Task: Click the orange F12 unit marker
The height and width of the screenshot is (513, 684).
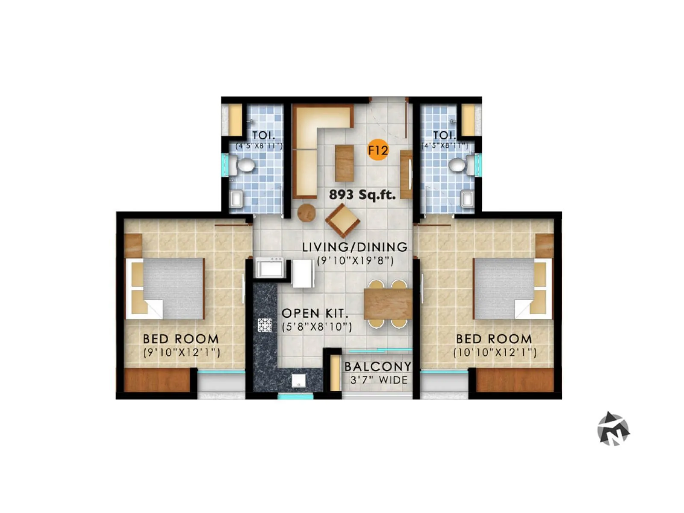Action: (x=378, y=150)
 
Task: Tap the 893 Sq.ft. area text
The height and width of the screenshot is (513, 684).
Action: (x=362, y=195)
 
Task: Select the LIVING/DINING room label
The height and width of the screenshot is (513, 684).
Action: (x=355, y=247)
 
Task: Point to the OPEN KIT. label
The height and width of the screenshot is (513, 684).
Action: (x=315, y=313)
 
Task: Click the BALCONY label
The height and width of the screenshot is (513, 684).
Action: (x=378, y=367)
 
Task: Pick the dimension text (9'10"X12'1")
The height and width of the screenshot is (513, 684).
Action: (x=182, y=353)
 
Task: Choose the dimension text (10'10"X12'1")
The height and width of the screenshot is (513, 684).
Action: (x=495, y=353)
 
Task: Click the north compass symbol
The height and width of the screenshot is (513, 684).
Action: (x=613, y=429)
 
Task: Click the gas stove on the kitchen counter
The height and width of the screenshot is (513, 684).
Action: (x=265, y=325)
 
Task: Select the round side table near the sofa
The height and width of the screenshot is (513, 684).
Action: (x=306, y=212)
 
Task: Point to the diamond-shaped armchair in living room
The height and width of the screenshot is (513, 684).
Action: (x=342, y=221)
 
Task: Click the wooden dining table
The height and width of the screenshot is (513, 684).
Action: (x=388, y=304)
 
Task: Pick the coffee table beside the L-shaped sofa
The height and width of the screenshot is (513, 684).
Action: (x=344, y=163)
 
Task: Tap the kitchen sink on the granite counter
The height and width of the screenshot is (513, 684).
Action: (x=299, y=380)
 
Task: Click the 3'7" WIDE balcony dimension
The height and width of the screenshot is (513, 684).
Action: (x=379, y=380)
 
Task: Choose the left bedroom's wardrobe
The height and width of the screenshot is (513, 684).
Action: (x=157, y=380)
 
